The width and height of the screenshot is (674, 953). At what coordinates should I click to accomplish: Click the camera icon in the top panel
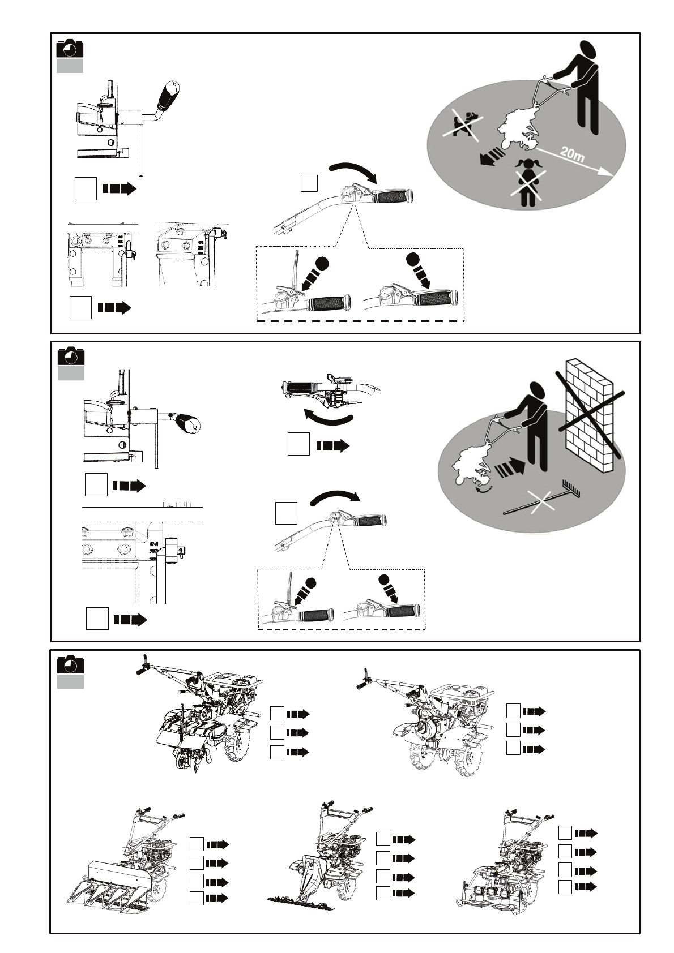[70, 49]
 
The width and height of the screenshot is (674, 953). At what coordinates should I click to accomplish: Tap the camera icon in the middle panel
[71, 357]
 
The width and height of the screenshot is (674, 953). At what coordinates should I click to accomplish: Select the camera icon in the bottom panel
[71, 665]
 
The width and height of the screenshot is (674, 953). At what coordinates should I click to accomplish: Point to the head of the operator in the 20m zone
[586, 51]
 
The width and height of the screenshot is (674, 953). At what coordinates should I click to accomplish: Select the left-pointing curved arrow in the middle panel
[328, 418]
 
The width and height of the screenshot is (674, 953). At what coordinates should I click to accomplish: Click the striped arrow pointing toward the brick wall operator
[510, 467]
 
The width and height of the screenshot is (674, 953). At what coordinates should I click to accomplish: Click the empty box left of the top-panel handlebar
[309, 183]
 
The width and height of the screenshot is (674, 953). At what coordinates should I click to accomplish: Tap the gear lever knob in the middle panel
[189, 423]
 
